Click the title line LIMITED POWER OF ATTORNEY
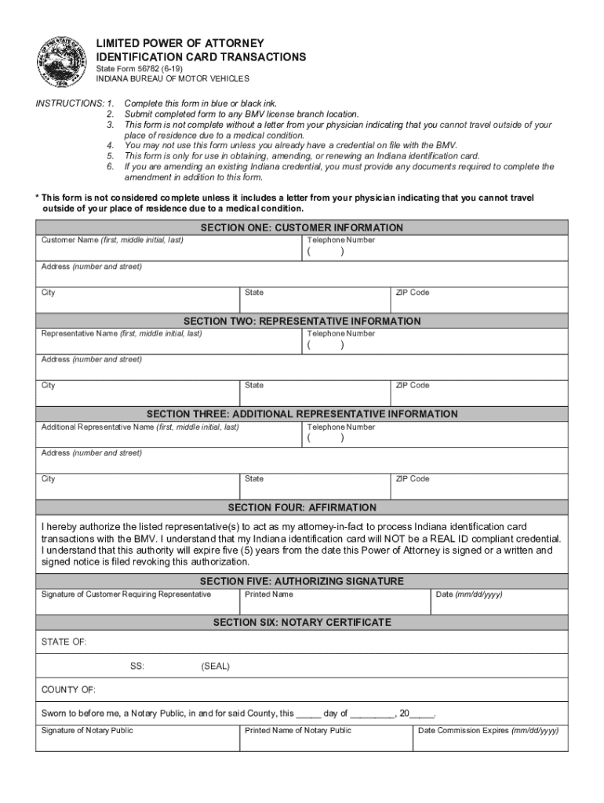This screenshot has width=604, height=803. coord(180,43)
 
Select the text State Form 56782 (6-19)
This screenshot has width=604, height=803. coord(140,69)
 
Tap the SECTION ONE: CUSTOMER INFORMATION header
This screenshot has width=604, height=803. coord(302,227)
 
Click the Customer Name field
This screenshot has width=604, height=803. coord(169,249)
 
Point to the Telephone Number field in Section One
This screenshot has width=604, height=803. coord(435,249)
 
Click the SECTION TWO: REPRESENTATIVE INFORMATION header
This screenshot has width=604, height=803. coord(302,321)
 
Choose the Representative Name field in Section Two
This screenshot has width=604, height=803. coord(169,342)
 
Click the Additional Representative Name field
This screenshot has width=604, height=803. coord(169,435)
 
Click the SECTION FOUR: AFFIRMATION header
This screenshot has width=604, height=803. coord(302,507)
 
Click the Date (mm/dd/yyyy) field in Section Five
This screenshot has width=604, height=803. coord(500,602)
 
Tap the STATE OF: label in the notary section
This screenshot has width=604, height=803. coord(64,642)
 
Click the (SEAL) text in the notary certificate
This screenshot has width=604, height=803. coord(216,667)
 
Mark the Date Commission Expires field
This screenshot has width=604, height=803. coord(490,739)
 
